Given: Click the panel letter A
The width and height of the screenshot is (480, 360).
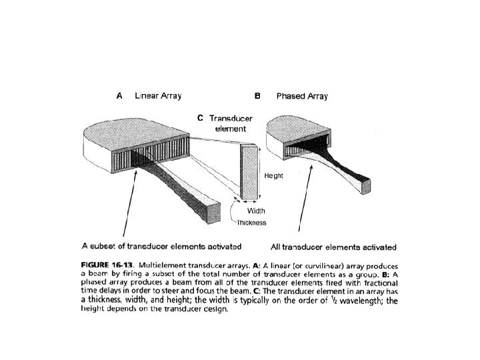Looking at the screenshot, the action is [x=119, y=96].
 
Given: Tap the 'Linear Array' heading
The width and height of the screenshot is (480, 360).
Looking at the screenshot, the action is [x=158, y=96].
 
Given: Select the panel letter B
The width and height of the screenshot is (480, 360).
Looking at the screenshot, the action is [x=257, y=96].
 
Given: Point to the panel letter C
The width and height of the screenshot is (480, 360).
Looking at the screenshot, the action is [x=200, y=118].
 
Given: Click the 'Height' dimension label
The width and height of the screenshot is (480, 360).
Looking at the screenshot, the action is [x=274, y=175].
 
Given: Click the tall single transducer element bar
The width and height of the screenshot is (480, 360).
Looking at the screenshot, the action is [x=249, y=173].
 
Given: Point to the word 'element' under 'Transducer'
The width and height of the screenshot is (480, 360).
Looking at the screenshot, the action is [x=229, y=129].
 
